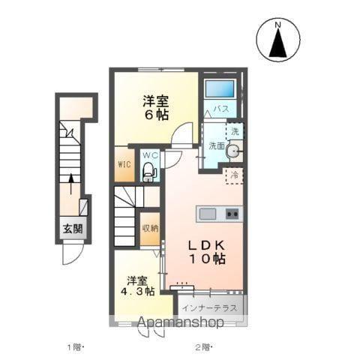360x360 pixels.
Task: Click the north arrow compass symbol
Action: (x=278, y=40)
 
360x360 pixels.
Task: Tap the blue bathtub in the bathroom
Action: (x=220, y=88)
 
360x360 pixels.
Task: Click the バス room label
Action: (x=221, y=109)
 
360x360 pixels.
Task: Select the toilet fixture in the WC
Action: (x=148, y=172)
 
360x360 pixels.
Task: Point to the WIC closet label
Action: (x=124, y=164)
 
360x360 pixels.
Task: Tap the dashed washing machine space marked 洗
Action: (x=235, y=131)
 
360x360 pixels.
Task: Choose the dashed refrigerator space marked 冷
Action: (x=235, y=175)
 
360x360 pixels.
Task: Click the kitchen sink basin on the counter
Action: (x=208, y=214)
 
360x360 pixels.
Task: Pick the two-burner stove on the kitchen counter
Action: (x=232, y=214)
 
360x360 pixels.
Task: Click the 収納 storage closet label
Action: (x=150, y=228)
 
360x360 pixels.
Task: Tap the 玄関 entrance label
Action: (x=73, y=229)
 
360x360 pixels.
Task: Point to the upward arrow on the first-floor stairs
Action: (x=71, y=184)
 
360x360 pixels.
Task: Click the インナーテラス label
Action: (x=209, y=307)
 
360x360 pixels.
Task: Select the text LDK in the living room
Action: (x=206, y=246)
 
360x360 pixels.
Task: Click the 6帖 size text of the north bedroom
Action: (x=155, y=115)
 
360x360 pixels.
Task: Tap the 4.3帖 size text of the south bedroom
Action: (x=137, y=291)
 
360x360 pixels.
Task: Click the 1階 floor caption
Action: (x=74, y=347)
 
